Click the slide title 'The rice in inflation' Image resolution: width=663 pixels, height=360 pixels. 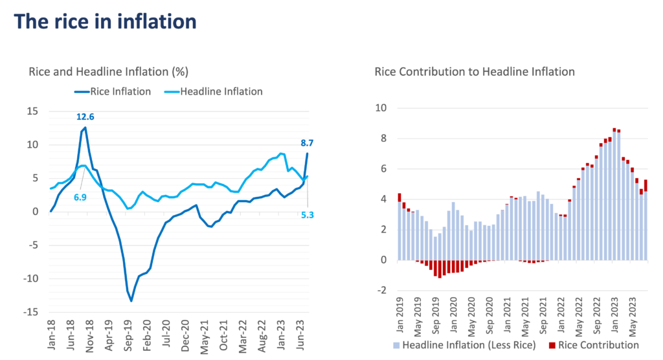105,21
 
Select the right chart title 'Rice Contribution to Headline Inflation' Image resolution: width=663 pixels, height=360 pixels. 475,72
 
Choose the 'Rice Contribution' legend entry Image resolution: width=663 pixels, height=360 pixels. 594,345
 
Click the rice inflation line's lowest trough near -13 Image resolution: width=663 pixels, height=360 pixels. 131,300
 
